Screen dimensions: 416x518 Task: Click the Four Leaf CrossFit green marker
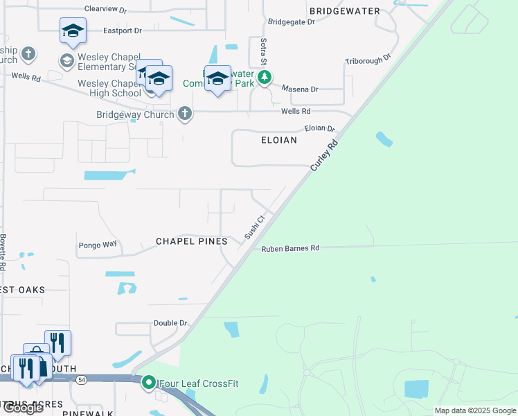[x=148, y=382]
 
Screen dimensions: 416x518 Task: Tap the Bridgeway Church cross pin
[x=184, y=114]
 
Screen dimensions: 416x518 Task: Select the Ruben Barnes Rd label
[x=290, y=248]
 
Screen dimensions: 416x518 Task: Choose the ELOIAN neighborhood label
[x=279, y=140]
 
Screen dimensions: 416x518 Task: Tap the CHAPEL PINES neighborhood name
[x=191, y=241]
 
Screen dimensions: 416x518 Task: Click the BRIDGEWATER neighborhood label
[x=345, y=11]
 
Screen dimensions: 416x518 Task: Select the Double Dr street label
[x=170, y=323]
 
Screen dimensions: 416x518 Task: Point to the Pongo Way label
[x=98, y=245]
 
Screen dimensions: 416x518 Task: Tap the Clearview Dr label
[x=105, y=10]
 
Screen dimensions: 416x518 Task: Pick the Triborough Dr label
[x=368, y=60]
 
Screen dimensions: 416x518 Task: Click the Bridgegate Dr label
[x=290, y=22]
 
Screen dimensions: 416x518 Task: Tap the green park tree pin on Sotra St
[x=264, y=78]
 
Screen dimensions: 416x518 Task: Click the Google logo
[x=22, y=408]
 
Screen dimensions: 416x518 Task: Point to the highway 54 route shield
[x=82, y=379]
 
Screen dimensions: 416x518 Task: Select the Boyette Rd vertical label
[x=3, y=251]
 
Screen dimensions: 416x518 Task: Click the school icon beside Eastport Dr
[x=72, y=31]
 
